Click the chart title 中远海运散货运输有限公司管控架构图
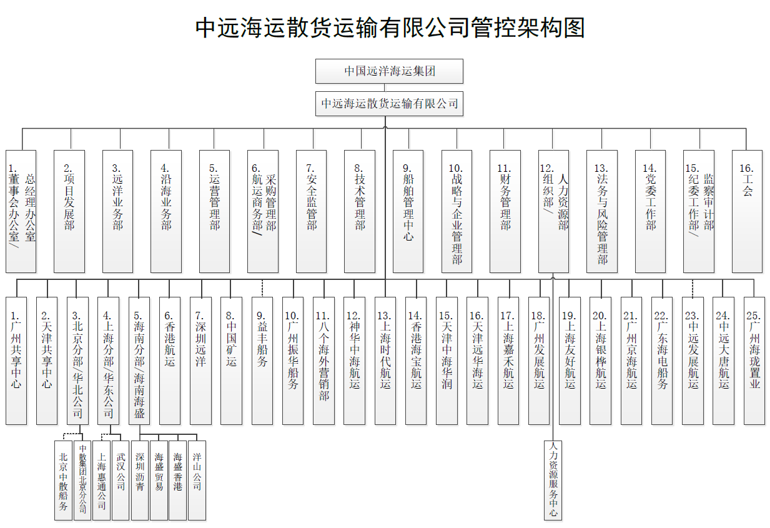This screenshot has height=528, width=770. (390, 27)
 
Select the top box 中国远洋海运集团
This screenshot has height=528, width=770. (389, 71)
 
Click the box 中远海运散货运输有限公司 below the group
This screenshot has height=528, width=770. (389, 104)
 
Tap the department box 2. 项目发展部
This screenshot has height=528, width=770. (69, 211)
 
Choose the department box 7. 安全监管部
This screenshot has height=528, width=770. (311, 211)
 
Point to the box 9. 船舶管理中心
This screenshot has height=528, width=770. (408, 211)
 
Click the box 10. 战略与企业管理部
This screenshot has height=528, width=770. (457, 211)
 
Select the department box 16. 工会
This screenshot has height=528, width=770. (747, 211)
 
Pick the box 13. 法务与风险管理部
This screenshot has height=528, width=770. (602, 211)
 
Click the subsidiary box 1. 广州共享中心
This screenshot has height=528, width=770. (16, 361)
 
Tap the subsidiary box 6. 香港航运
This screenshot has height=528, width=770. (170, 361)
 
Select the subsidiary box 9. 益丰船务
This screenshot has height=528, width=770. (262, 361)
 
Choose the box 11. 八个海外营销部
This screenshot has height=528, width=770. (323, 361)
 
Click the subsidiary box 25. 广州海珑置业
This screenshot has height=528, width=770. (754, 361)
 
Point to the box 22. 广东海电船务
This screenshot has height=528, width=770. (662, 361)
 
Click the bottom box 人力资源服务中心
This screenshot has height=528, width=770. (553, 480)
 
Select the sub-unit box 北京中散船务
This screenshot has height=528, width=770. (63, 480)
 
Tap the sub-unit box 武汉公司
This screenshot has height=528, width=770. (121, 480)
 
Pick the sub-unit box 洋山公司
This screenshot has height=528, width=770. (197, 480)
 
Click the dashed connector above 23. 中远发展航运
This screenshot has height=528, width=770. (693, 288)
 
